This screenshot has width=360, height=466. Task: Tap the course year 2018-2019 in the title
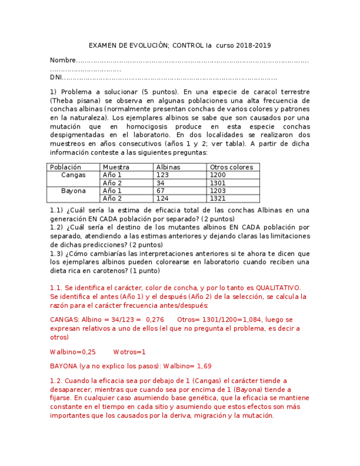click(254, 46)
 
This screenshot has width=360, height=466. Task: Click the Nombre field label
click(62, 60)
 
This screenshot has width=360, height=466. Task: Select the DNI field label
click(56, 78)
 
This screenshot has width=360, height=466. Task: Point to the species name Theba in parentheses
click(63, 101)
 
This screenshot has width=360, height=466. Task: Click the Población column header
click(65, 167)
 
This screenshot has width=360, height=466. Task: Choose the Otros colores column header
click(231, 167)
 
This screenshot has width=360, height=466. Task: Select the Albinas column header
click(168, 167)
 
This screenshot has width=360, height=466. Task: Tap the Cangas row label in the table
click(73, 175)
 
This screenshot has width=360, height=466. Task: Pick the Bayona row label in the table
click(73, 191)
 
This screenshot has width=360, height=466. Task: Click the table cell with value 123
click(162, 175)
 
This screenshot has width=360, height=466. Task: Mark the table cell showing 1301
click(218, 183)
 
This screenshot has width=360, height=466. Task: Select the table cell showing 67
click(160, 191)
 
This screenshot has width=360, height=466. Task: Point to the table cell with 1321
click(218, 199)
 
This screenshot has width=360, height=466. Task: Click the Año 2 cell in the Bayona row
click(112, 199)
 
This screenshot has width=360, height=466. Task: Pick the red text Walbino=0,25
click(73, 352)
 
